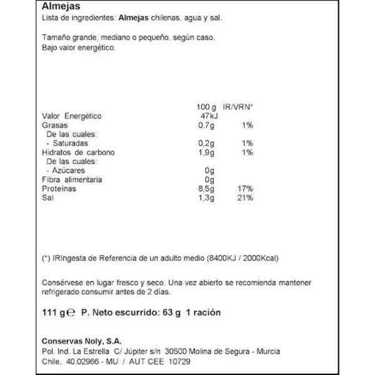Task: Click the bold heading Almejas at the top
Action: (x=59, y=7)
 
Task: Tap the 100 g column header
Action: (x=206, y=107)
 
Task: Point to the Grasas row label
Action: (x=54, y=126)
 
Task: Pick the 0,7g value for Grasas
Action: (x=206, y=126)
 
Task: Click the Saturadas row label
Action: (x=69, y=144)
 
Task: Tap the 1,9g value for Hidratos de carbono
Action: (x=206, y=152)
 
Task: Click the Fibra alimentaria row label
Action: (x=72, y=180)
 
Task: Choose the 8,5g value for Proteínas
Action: (x=206, y=189)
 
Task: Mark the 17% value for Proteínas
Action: (x=244, y=189)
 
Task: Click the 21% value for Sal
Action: (x=244, y=198)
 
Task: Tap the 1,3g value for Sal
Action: (x=206, y=198)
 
